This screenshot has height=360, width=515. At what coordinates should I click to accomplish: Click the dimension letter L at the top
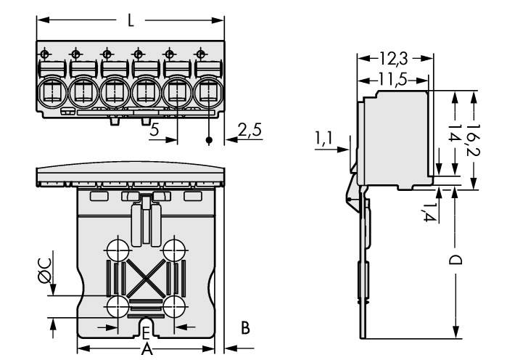pos(130,21)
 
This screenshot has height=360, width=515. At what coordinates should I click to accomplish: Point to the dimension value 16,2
pos(471,138)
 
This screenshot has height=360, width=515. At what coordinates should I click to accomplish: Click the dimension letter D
pos(455,259)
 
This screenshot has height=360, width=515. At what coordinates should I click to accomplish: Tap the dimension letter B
pos(245,329)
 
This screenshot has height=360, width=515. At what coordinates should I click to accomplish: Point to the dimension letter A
pos(147,349)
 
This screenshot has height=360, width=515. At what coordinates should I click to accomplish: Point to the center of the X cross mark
pos(145,277)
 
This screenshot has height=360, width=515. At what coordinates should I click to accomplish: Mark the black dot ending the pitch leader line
pos(210,139)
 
